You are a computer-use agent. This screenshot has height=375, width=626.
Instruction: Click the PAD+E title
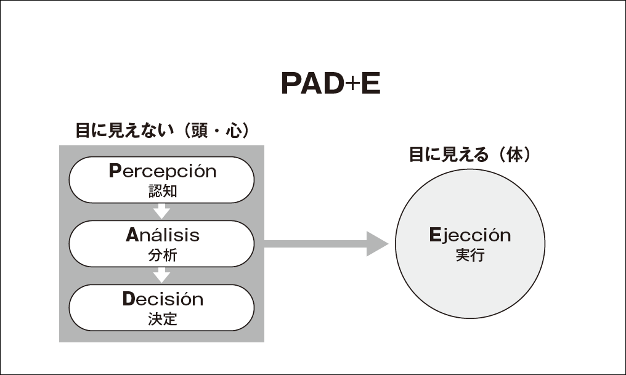pyautogui.click(x=330, y=84)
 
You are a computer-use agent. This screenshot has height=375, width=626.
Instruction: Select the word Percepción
pyautogui.click(x=162, y=171)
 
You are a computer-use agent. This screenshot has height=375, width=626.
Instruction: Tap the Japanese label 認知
pyautogui.click(x=162, y=191)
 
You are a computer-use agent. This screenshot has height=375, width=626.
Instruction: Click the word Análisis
pyautogui.click(x=162, y=235)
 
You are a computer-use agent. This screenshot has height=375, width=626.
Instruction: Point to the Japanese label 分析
pyautogui.click(x=162, y=254)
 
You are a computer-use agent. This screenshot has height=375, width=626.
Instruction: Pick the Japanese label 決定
pyautogui.click(x=162, y=319)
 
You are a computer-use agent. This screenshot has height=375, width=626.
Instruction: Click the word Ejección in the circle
pyautogui.click(x=469, y=235)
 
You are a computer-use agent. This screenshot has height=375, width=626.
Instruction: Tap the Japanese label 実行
pyautogui.click(x=469, y=255)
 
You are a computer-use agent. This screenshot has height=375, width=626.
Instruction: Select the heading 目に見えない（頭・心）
pyautogui.click(x=162, y=131)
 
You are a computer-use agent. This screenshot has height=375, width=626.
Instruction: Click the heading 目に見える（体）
pyautogui.click(x=469, y=155)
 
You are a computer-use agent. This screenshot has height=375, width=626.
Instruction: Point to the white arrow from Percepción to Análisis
pyautogui.click(x=161, y=211)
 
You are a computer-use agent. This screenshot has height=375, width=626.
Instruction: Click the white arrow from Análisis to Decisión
pyautogui.click(x=161, y=275)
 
